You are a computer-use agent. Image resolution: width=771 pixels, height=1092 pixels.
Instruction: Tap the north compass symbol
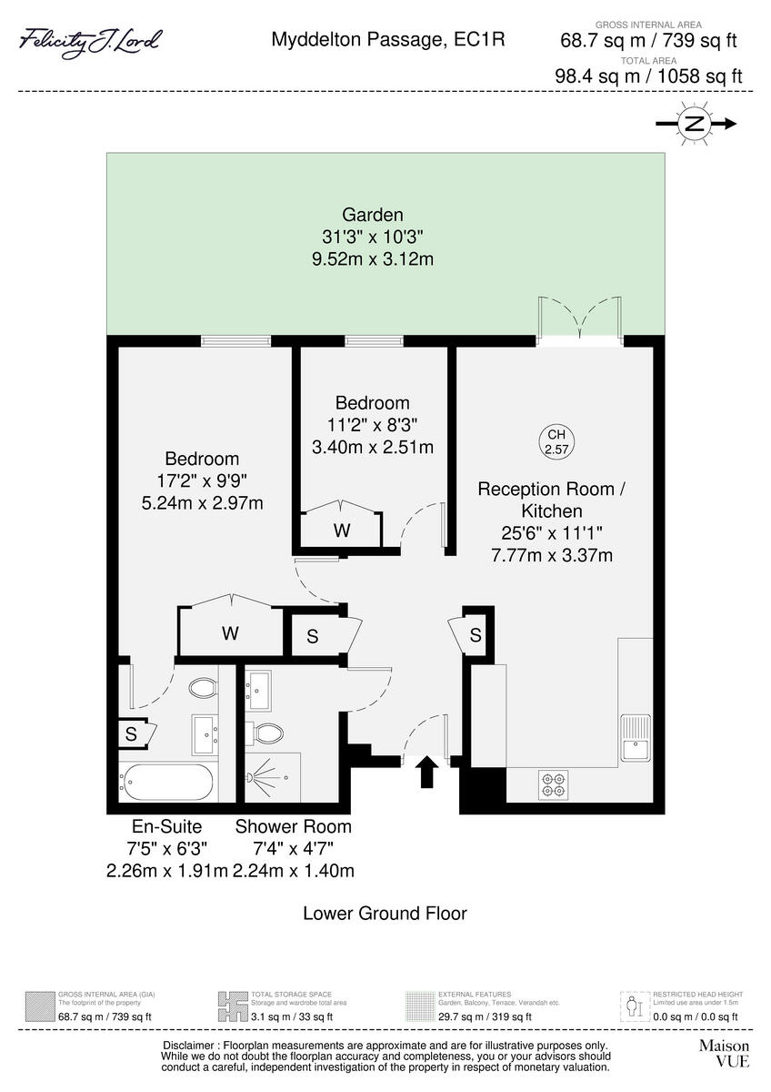click(x=694, y=125)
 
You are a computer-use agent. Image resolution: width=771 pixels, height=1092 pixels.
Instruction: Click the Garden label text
click(x=372, y=216)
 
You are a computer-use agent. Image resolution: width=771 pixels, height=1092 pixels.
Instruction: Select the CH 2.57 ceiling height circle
click(x=554, y=442)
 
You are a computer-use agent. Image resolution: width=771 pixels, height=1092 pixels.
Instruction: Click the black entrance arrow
click(x=425, y=774)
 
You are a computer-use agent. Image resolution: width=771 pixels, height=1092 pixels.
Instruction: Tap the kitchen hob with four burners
click(x=552, y=784)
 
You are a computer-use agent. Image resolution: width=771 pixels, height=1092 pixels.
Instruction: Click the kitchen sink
click(x=634, y=737)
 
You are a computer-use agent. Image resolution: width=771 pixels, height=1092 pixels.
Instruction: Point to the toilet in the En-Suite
click(x=203, y=687)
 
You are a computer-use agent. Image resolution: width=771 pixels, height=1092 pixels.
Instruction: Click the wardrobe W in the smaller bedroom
click(x=341, y=531)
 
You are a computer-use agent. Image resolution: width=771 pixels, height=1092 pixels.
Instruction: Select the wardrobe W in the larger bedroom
click(x=230, y=633)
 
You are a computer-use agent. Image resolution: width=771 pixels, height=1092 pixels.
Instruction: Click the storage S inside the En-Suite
click(x=132, y=734)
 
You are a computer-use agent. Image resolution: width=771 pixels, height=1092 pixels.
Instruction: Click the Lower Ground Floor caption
click(x=385, y=913)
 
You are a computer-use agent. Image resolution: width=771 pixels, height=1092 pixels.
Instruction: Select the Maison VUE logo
click(x=724, y=1053)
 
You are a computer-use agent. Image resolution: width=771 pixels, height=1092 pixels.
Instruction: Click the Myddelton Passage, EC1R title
click(x=388, y=40)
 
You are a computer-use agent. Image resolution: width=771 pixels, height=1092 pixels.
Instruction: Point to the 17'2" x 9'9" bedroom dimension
click(x=202, y=480)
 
